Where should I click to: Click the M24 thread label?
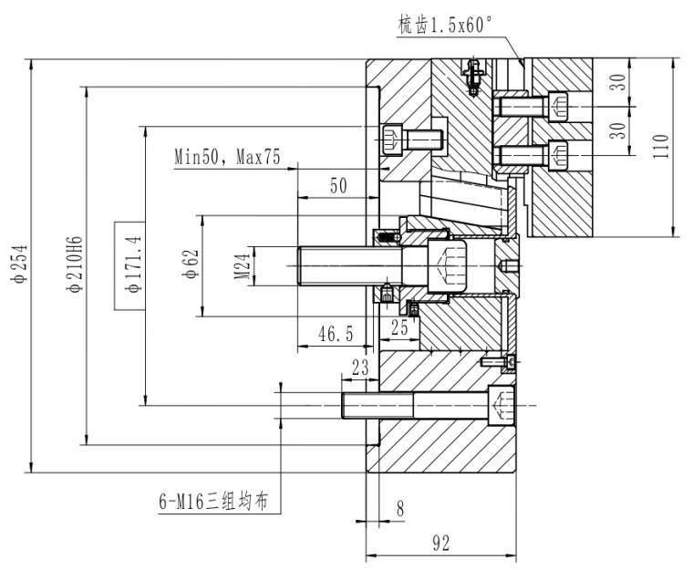242,265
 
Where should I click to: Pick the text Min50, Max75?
227,157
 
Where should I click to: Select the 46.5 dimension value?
336,335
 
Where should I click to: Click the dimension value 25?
398,326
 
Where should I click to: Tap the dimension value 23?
359,368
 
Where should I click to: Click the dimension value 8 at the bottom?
399,509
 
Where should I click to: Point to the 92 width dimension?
440,544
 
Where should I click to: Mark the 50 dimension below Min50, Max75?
338,186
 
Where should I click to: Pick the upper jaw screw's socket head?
559,107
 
